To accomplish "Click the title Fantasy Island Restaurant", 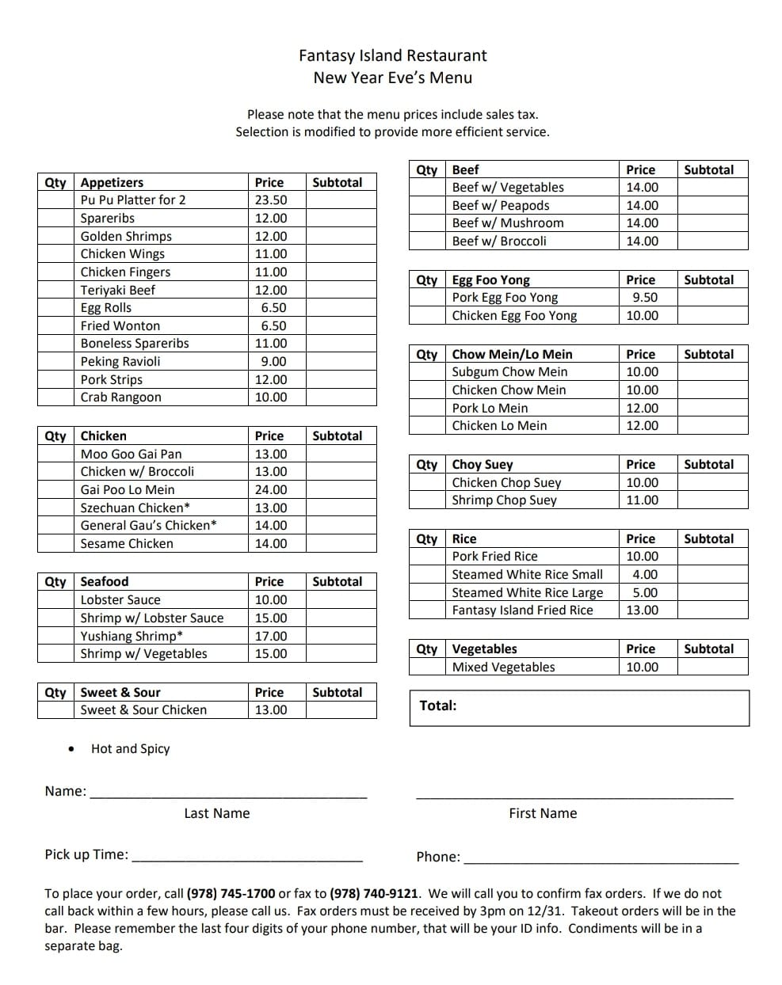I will pos(392,55).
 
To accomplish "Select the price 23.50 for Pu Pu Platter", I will pos(271,200).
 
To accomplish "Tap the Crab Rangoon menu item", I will pos(120,397).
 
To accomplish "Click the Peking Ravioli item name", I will pos(120,362).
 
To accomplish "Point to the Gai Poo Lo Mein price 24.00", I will pos(271,490).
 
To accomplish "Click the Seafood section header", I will pos(105,582).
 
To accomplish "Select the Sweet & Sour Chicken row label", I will pos(143,710).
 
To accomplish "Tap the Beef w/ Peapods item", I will pos(500,206).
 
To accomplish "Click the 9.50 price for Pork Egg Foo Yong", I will pos(645,298).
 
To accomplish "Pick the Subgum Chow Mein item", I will pos(509,372).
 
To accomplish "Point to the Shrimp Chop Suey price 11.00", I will pos(642,500).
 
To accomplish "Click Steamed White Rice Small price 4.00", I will pos(645,575).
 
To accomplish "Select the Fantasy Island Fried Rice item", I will pos(522,610).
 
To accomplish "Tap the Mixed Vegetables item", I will pos(503,667).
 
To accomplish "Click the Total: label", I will pos(438,705).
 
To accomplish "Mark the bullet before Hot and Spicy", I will pos(72,749).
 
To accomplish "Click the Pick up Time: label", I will pos(86,854).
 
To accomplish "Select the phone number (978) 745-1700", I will pos(231,894).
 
